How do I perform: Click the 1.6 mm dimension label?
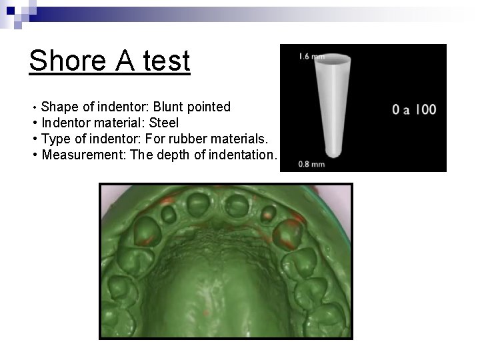click(308, 56)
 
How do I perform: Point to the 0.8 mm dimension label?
click(312, 163)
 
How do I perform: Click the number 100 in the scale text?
click(426, 109)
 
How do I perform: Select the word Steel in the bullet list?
click(164, 123)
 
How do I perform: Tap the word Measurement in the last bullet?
click(79, 155)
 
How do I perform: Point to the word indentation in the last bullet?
click(242, 155)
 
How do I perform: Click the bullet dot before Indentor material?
click(34, 123)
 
